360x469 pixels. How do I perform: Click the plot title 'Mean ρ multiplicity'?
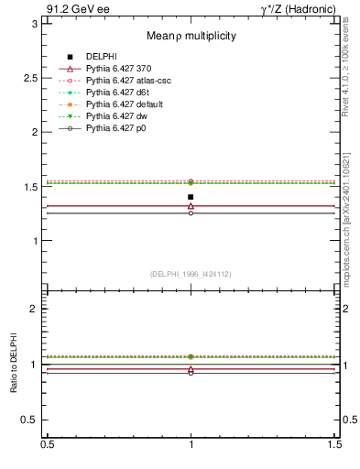(191, 36)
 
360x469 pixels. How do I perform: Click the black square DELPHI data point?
(191, 197)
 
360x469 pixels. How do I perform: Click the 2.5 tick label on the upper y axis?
(30, 78)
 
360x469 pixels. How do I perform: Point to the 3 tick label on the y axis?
(35, 24)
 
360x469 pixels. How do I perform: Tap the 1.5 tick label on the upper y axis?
(30, 187)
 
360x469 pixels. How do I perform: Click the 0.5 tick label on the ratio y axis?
(30, 420)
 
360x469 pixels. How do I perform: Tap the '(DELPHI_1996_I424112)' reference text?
(191, 273)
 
